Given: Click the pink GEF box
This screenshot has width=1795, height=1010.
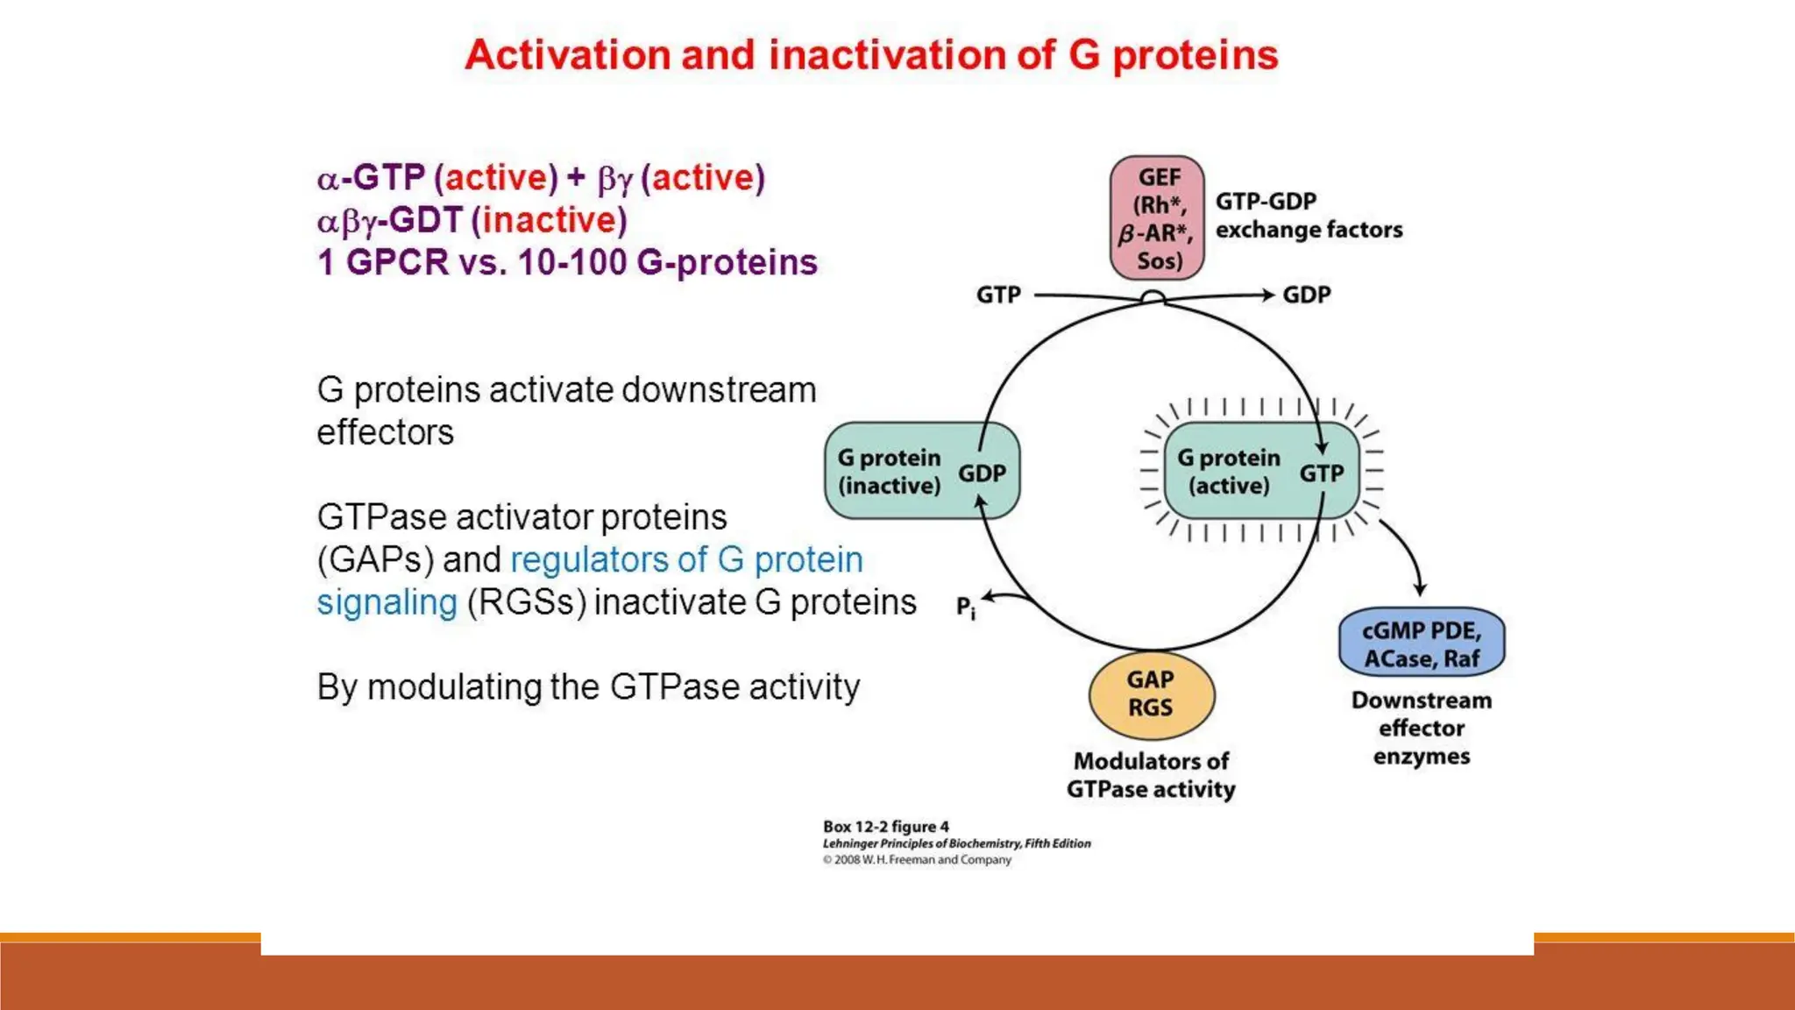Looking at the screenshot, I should (1157, 218).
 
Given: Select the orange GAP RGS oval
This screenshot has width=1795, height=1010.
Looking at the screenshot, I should (1151, 694).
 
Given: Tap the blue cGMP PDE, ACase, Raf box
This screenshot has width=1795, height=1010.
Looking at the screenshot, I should (1421, 644).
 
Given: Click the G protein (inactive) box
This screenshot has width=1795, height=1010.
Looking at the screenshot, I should (921, 471).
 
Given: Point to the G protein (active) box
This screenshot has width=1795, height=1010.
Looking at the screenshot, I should (1260, 471).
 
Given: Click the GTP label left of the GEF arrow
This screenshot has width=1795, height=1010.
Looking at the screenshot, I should (998, 295).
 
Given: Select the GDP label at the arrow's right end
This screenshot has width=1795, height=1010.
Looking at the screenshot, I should (1306, 295).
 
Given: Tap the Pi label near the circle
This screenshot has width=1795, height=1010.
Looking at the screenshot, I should (965, 607).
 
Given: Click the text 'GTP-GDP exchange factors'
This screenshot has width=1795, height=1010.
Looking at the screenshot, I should (1308, 216).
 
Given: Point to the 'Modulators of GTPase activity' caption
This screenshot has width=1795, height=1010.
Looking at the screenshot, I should (1151, 775).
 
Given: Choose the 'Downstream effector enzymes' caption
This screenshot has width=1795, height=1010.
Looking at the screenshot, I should (1421, 728).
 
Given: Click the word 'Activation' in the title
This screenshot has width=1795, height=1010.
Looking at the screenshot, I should (567, 55).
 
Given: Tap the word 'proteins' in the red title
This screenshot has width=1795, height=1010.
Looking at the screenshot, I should (1195, 55).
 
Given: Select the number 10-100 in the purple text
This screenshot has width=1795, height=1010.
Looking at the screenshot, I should (571, 262).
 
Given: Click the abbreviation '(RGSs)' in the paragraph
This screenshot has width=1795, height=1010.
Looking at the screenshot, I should (526, 602).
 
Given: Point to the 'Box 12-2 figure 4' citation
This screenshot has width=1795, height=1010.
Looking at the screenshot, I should (885, 827).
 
